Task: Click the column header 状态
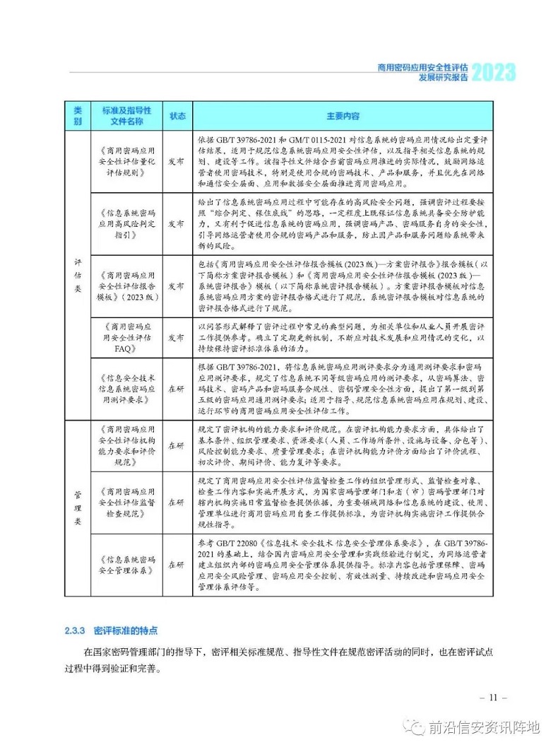pos(177,115)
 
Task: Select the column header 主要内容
pos(343,115)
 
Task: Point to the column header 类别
pos(78,115)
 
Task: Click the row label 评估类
pos(78,275)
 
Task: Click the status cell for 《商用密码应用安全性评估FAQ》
pos(177,339)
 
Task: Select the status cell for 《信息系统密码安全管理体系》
pos(177,565)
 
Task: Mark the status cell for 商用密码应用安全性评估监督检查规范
pos(177,503)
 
